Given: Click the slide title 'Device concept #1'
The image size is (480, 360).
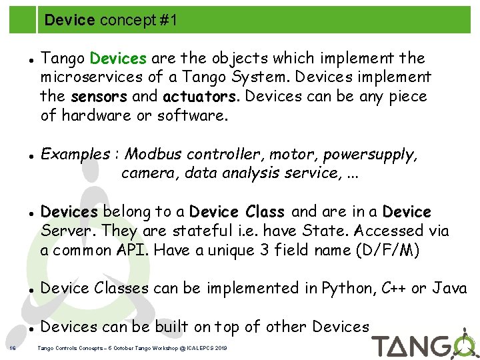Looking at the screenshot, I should (111, 21).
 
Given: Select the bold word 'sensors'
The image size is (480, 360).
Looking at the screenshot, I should (100, 97).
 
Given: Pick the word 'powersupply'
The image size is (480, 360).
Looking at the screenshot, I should (370, 155).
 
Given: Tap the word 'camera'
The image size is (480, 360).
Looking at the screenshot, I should (150, 174).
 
